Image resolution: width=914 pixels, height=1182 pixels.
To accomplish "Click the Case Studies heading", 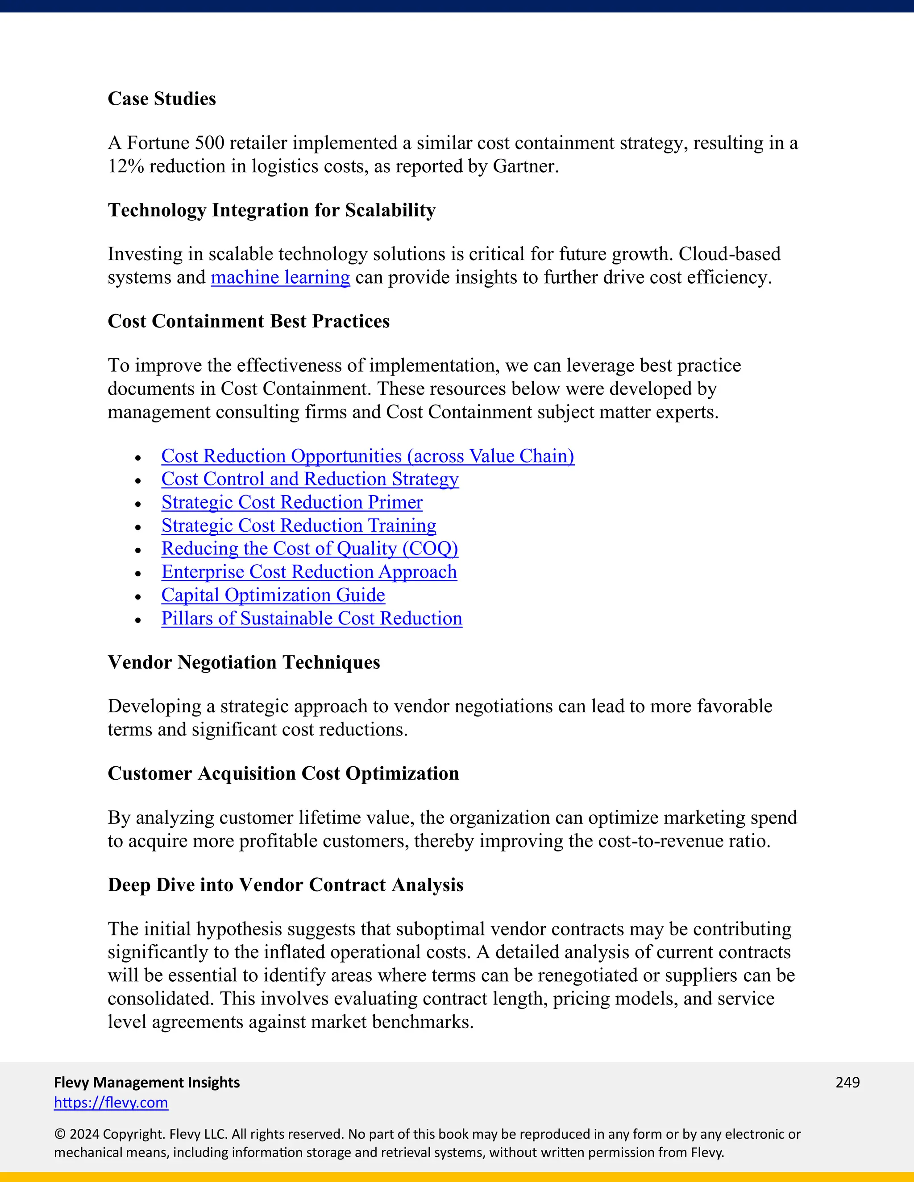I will [162, 99].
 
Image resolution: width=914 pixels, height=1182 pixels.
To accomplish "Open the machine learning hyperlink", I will [280, 277].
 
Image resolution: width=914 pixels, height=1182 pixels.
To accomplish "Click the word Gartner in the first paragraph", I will [523, 166].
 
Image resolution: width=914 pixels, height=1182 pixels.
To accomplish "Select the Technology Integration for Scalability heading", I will [271, 210].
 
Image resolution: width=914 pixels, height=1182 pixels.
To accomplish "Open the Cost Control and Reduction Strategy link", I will [310, 479].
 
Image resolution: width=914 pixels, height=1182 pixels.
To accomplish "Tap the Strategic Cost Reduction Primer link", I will [292, 502].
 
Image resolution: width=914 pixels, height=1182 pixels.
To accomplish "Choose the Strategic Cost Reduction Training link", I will [299, 525].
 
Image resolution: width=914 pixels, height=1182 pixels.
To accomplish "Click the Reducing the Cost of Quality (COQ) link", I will [310, 549].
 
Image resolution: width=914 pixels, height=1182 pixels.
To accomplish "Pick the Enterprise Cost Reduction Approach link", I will [309, 572].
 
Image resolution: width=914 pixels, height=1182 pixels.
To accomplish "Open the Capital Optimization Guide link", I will [273, 595].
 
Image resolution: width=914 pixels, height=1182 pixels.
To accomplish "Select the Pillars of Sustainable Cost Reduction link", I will [312, 619].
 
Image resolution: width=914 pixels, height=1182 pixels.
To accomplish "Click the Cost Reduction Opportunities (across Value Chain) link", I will [368, 456].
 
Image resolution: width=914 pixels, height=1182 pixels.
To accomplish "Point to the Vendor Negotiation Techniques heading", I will [244, 662].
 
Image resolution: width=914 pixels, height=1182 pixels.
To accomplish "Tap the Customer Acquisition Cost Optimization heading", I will [283, 773].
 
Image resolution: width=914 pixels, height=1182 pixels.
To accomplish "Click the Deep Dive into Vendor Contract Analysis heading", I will [285, 885].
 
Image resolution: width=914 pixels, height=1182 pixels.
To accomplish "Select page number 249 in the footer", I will [848, 1083].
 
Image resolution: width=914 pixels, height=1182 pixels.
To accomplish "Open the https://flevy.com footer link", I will [111, 1103].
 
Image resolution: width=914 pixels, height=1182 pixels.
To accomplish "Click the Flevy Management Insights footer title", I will [147, 1083].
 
